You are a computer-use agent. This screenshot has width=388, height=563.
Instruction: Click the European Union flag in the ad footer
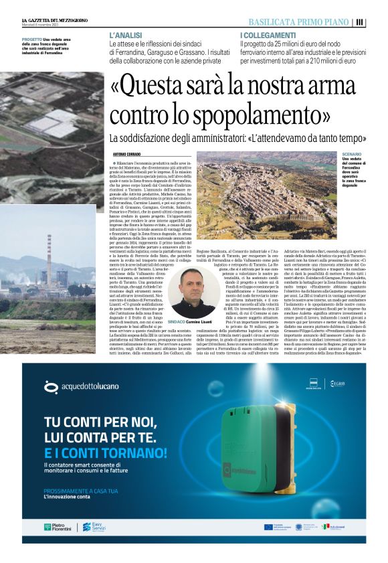click(x=268, y=527)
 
